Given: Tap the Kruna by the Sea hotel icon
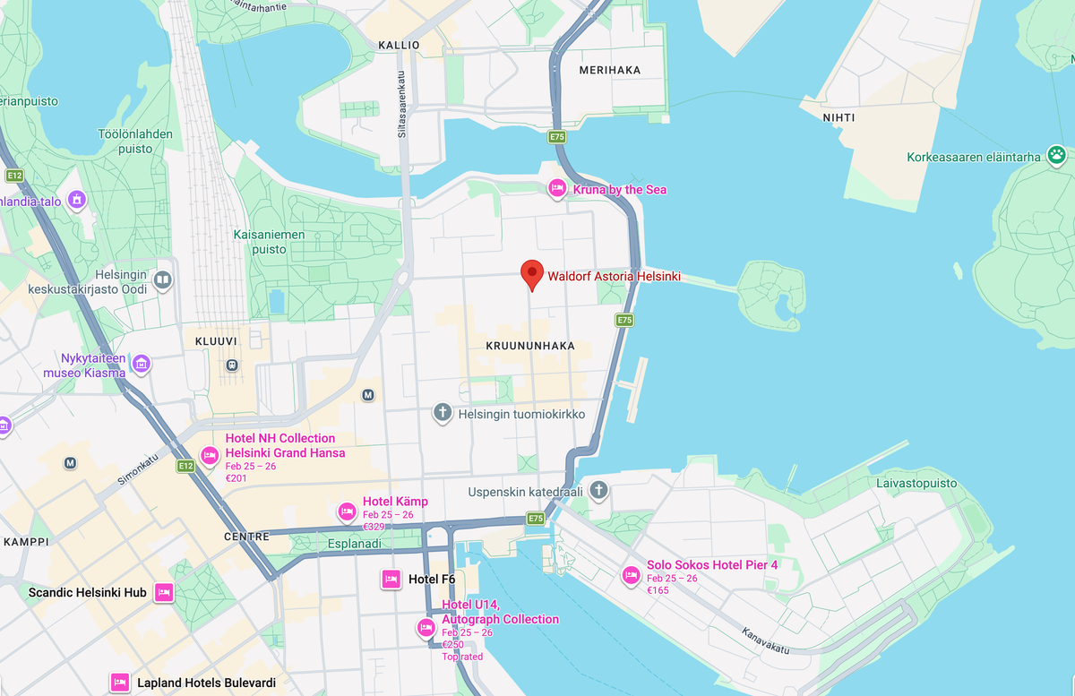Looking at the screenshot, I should coord(556,188).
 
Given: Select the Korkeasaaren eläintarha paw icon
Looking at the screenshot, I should coord(1057,156).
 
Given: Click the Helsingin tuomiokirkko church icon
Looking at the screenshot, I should coord(442,413).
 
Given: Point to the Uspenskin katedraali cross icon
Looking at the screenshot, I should coord(599,490).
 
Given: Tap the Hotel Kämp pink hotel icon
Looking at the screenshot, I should coord(347,511).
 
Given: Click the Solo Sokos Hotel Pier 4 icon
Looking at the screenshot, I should coord(631,575).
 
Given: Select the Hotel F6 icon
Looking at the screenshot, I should coord(391,580).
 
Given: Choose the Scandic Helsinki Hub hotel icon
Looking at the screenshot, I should coord(163,592).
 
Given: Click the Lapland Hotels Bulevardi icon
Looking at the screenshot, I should coord(119,683).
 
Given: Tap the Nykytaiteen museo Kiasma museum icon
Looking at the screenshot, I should coord(141,364).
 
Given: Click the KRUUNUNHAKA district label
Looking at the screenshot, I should coord(529,345).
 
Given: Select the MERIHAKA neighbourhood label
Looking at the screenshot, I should coord(610,70).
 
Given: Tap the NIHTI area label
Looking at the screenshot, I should coord(838,117).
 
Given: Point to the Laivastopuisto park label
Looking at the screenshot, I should coord(916,484).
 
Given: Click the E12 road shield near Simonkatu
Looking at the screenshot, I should coord(185,466).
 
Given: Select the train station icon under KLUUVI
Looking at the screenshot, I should coord(231,365).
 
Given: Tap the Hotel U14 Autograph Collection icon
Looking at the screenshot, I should coord(426,629).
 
